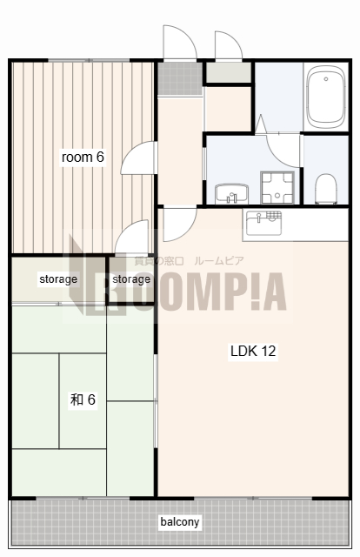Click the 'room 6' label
click(83, 157)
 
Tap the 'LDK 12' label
click(253, 351)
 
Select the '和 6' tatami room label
click(83, 399)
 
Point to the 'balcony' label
click(180, 522)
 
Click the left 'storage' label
click(58, 279)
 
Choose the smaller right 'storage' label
click(131, 279)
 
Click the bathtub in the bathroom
click(326, 97)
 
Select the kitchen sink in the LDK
click(264, 224)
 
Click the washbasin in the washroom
click(231, 193)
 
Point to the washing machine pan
click(277, 188)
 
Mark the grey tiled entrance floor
click(180, 78)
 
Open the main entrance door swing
click(180, 42)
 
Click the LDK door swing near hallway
click(179, 225)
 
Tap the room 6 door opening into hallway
click(139, 158)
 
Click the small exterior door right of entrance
click(229, 45)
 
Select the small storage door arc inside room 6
click(131, 236)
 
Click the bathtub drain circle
click(325, 79)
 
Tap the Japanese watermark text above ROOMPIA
click(189, 261)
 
